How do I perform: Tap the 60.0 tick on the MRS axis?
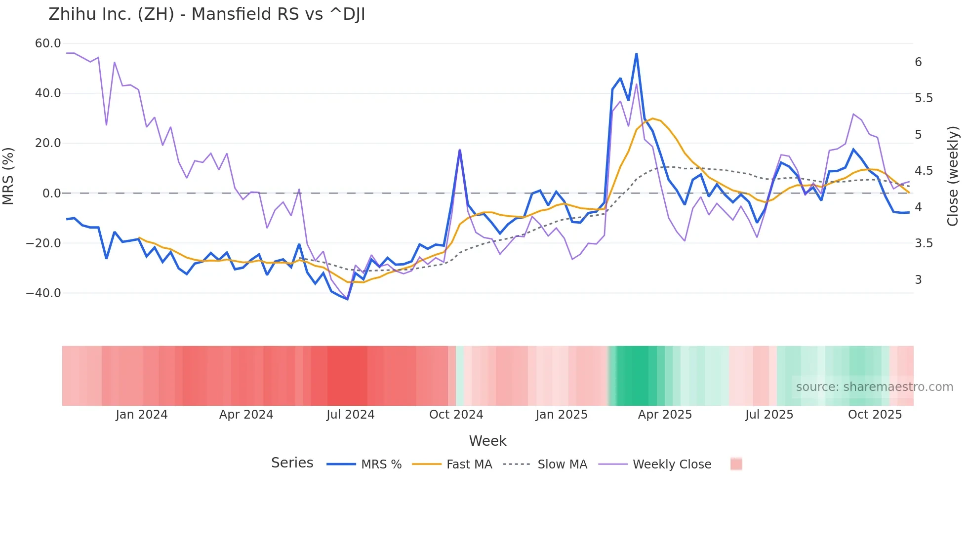pos(48,43)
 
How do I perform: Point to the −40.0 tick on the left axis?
pos(43,293)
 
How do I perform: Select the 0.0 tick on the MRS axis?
pos(51,194)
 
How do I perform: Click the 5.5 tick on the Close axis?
pos(924,98)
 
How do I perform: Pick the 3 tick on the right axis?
pos(918,280)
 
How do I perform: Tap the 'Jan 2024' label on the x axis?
pos(142,415)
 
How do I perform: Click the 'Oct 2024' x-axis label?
pos(456,415)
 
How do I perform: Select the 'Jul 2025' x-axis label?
pos(769,415)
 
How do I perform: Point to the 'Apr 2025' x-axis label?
pos(665,415)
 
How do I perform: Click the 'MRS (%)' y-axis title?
pos(8,176)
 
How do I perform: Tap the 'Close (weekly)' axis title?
pos(953,176)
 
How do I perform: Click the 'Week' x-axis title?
pos(487,441)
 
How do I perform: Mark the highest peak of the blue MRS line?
pos(636,54)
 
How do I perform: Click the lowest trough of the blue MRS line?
pos(347,299)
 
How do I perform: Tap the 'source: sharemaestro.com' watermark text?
pos(874,387)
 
